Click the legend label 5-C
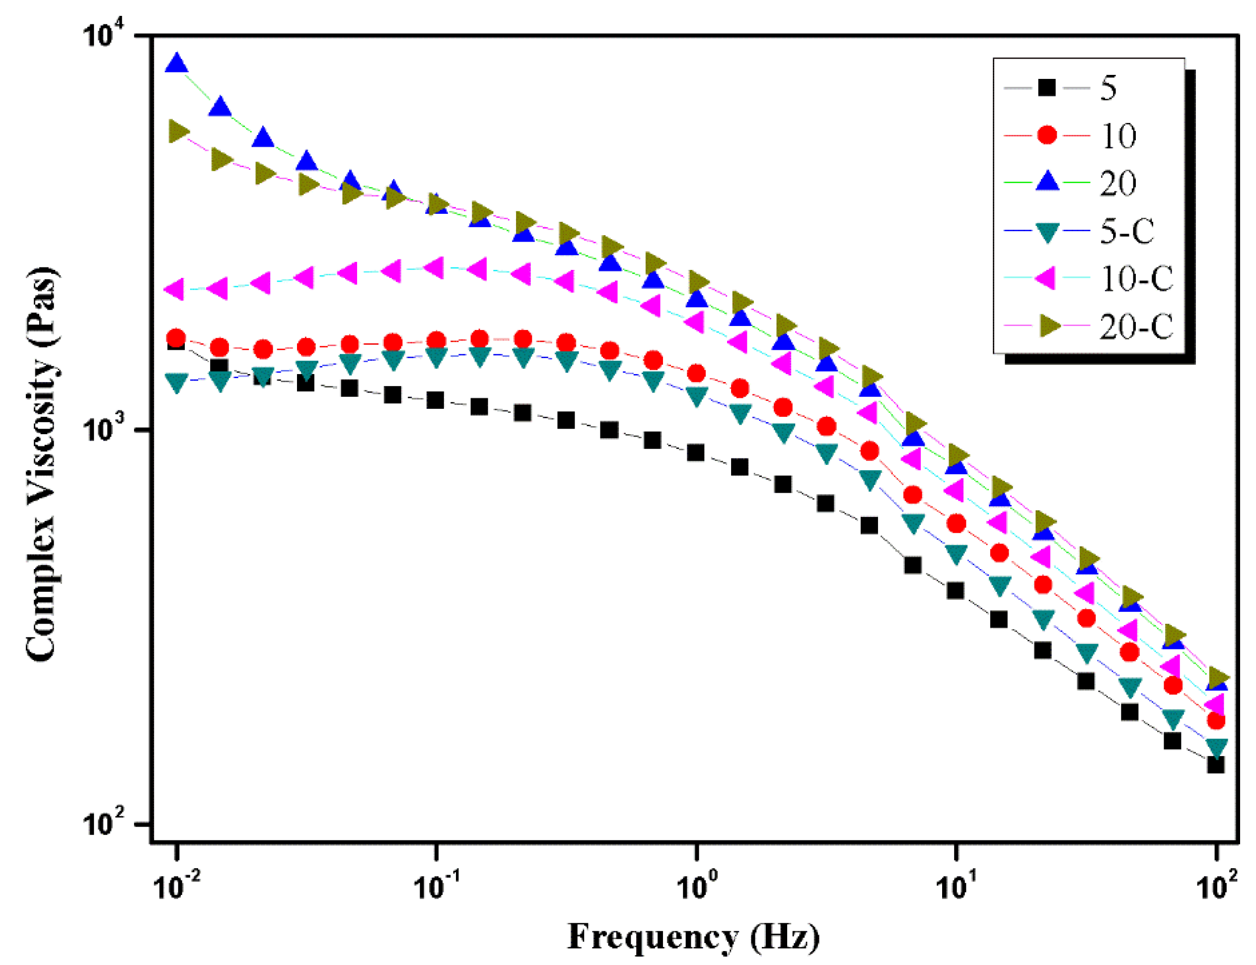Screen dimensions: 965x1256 point(1127,231)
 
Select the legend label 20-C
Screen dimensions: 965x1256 point(1136,326)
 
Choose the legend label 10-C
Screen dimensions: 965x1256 point(1136,279)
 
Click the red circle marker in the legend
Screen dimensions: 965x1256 point(1047,135)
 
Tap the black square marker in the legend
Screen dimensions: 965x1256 point(1047,87)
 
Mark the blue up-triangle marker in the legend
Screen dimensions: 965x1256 point(1047,182)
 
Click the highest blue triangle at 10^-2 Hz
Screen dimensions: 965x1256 point(176,63)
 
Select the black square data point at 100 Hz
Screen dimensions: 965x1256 point(1215,765)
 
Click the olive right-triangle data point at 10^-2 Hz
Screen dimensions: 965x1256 point(179,131)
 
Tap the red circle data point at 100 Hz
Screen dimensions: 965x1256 point(1215,720)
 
